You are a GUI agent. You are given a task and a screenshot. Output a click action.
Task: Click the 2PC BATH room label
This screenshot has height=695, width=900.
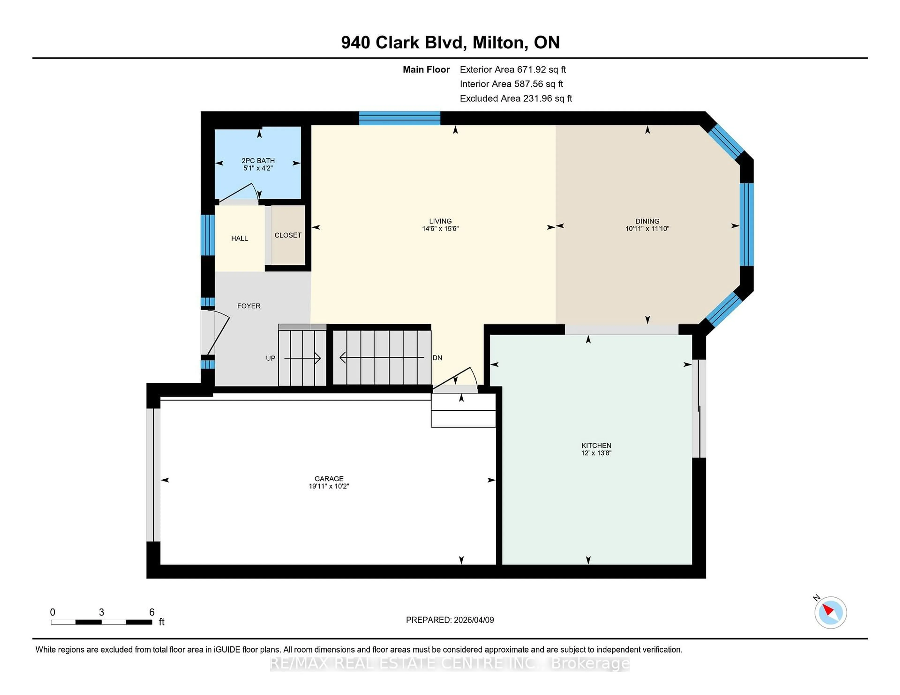pyautogui.click(x=258, y=161)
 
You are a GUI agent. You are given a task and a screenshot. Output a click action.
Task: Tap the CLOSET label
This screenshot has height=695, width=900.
pyautogui.click(x=288, y=235)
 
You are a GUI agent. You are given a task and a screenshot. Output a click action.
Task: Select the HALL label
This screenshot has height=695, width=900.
pyautogui.click(x=240, y=238)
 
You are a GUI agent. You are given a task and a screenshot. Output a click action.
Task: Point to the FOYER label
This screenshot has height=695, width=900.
pyautogui.click(x=248, y=306)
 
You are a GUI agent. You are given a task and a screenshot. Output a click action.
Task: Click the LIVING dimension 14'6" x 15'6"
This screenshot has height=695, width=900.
pyautogui.click(x=440, y=229)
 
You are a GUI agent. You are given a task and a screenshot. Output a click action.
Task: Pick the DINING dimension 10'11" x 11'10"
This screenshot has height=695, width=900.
pyautogui.click(x=647, y=229)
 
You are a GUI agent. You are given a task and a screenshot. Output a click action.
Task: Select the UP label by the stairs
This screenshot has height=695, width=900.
pyautogui.click(x=270, y=358)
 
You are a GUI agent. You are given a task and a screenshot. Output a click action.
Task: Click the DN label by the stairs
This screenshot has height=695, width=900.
pyautogui.click(x=437, y=358)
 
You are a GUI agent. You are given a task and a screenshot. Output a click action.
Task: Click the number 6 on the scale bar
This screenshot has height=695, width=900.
pyautogui.click(x=152, y=612)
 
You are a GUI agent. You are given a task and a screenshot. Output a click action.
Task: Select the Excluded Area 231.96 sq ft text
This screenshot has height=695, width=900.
pyautogui.click(x=516, y=98)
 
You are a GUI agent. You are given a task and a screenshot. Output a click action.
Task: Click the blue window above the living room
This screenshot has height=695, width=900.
pyautogui.click(x=399, y=118)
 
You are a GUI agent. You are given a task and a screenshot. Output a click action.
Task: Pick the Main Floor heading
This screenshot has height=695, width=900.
pyautogui.click(x=426, y=70)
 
